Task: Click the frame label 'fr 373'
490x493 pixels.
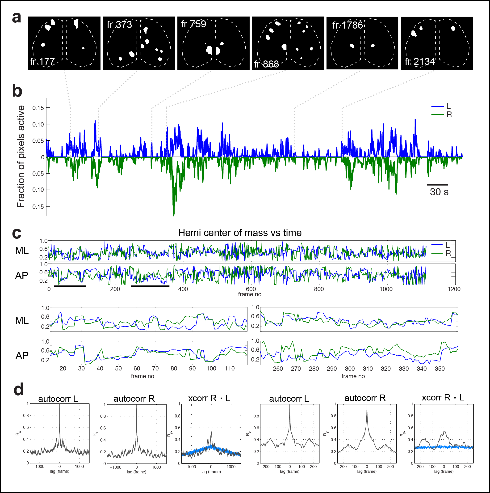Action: tap(119, 25)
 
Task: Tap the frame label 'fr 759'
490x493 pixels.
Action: tap(193, 24)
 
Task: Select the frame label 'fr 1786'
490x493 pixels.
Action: tap(347, 25)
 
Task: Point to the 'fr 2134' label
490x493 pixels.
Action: tap(420, 61)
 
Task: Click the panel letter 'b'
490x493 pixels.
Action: tap(17, 91)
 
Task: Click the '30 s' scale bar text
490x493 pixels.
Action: tap(439, 192)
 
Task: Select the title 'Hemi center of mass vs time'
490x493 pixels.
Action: tap(240, 233)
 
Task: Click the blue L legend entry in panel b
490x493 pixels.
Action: tap(441, 106)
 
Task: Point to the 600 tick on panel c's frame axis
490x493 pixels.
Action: tap(251, 289)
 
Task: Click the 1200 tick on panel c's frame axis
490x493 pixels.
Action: tap(454, 289)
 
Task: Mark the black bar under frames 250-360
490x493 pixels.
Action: tap(150, 286)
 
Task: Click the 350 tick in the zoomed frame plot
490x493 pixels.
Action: tap(440, 369)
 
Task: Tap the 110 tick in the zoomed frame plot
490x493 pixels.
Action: tap(230, 369)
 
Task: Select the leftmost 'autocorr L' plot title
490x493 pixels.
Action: tap(58, 399)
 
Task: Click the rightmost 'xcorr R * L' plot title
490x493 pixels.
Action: tap(443, 398)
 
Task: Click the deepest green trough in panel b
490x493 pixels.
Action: tap(174, 215)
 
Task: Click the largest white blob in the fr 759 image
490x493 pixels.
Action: tap(209, 50)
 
